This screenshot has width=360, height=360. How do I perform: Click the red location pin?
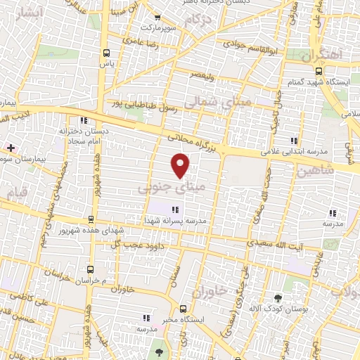(x=181, y=165)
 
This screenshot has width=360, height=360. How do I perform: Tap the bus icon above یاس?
(x=106, y=53)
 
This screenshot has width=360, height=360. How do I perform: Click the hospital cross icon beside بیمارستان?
(x=10, y=148)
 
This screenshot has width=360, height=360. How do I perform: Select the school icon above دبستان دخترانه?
(x=84, y=119)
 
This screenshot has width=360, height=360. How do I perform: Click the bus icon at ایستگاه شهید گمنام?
(x=319, y=71)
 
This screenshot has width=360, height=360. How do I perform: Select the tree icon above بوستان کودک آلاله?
(x=278, y=298)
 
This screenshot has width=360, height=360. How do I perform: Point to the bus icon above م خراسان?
(x=89, y=269)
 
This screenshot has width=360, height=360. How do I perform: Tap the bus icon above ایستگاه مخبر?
(x=183, y=308)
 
